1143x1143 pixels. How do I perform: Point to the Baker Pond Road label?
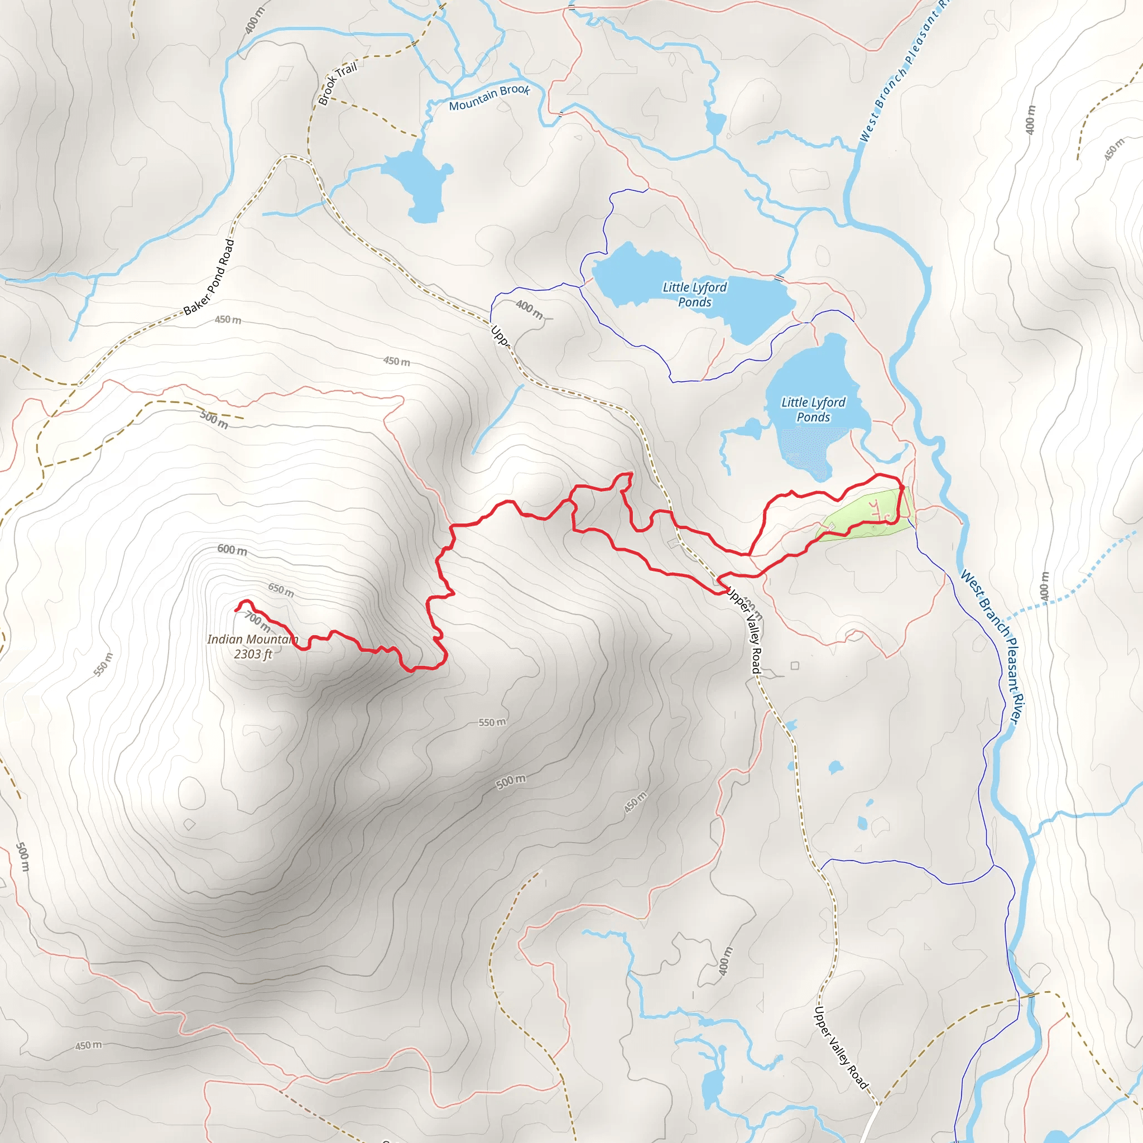click(x=209, y=277)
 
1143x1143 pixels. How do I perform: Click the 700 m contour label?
click(x=258, y=622)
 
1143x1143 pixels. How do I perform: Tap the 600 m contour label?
click(x=232, y=550)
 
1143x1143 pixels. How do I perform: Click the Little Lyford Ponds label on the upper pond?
click(x=694, y=295)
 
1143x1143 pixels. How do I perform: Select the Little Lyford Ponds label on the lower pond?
click(x=814, y=410)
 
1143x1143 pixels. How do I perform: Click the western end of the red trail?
click(x=237, y=609)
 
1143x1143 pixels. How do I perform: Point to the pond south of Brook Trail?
click(x=417, y=180)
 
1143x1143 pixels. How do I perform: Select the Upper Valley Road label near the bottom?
click(x=841, y=1047)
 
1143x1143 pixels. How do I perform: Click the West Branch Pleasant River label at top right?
click(x=902, y=71)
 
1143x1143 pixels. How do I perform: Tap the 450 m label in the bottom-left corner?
click(x=88, y=1045)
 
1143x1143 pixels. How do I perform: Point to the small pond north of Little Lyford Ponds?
click(x=715, y=122)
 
